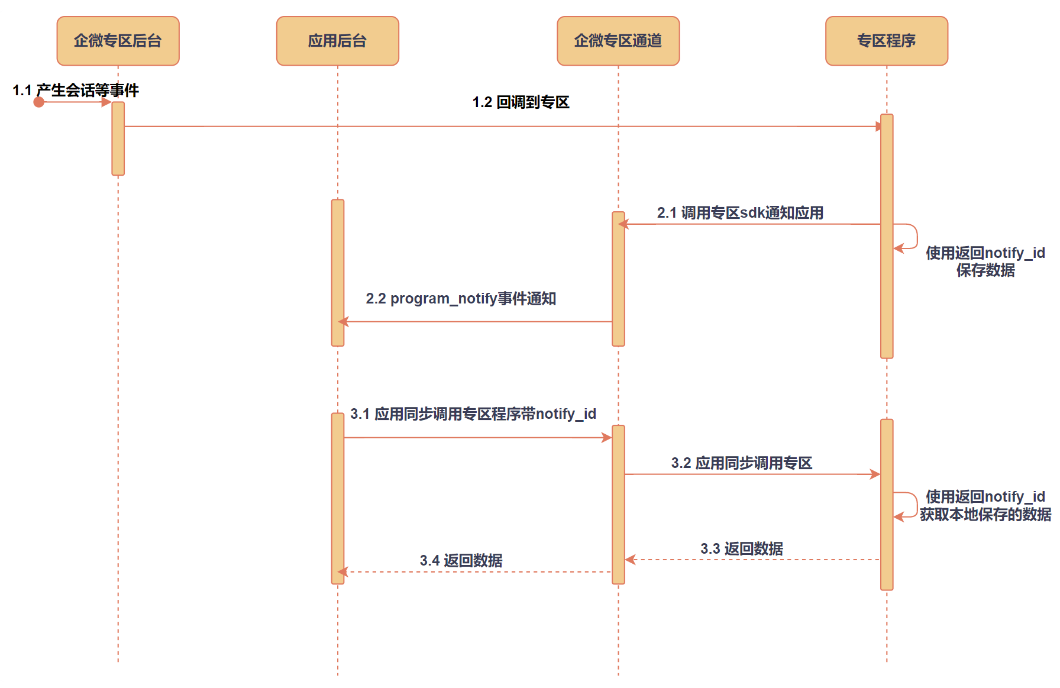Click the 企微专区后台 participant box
pos(118,41)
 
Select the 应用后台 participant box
pos(337,41)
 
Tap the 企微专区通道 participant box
pos(618,41)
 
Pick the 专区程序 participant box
pos(886,41)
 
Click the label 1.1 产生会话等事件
pos(76,91)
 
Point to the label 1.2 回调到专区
pos(521,102)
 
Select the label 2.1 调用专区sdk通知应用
pos(740,213)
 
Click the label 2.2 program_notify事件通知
pos(461,299)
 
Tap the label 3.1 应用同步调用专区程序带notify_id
pos(473,414)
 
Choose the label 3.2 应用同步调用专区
pos(741,463)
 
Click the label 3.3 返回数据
pos(741,549)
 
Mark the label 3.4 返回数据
pos(461,561)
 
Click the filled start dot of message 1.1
pos(39,102)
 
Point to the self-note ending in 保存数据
pos(985,261)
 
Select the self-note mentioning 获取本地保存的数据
pos(985,506)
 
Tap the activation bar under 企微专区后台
pos(118,138)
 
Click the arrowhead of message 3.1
pos(607,438)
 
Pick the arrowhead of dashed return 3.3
pos(631,560)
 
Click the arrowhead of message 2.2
pos(344,322)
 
